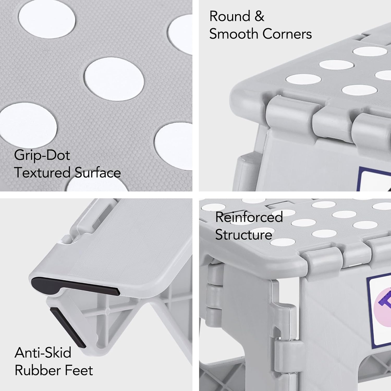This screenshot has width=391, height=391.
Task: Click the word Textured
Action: (42, 173)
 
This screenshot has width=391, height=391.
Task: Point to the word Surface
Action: (98, 173)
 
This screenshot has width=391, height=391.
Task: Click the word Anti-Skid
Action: (43, 353)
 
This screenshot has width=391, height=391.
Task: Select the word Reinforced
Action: (249, 217)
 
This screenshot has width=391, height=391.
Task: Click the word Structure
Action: (243, 235)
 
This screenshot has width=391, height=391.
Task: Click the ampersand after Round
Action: (259, 16)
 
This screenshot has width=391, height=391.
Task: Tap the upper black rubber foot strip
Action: (76, 286)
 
